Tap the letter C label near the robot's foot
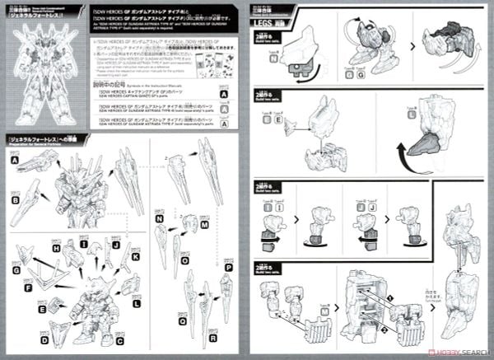tap(120, 340)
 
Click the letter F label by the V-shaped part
tap(27, 288)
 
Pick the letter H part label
tap(57, 247)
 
